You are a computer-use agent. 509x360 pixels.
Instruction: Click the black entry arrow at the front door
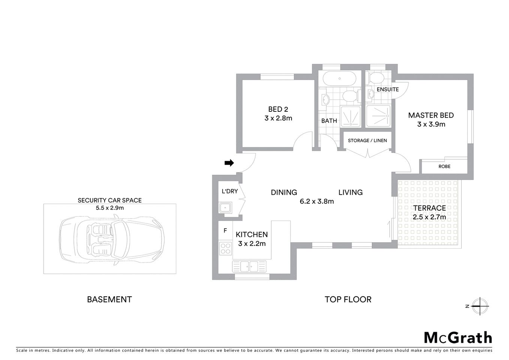229,163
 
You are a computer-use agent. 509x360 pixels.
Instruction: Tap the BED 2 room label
278,109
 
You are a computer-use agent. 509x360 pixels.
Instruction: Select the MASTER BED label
431,115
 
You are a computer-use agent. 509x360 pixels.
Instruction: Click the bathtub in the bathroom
339,79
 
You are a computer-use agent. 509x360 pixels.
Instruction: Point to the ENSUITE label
388,90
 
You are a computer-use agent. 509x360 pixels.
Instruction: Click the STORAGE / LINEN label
367,141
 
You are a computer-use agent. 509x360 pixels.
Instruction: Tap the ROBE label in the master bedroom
444,166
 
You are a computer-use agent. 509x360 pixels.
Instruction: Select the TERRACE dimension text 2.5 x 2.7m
429,217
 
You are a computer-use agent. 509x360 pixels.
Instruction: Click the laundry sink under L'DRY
225,207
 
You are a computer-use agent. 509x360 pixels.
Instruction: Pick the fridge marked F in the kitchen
225,231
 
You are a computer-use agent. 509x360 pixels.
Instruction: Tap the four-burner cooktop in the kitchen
225,248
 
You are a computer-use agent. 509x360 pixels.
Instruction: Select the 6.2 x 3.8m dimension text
317,201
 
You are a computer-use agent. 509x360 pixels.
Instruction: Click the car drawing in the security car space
112,239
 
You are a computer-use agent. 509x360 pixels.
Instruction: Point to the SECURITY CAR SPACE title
109,200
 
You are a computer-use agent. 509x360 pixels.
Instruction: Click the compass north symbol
479,306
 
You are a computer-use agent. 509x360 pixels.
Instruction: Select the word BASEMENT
109,299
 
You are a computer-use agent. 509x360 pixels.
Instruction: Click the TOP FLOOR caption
348,299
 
